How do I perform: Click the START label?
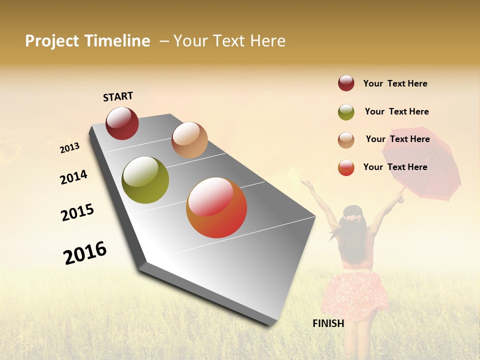tap(118, 96)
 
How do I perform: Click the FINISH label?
tap(328, 323)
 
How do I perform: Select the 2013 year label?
tap(69, 148)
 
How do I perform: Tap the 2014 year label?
tap(73, 177)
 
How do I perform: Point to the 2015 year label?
tap(77, 212)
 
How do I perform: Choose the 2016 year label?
tap(85, 252)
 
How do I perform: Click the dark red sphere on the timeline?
tap(122, 123)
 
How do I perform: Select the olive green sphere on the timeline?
tap(145, 180)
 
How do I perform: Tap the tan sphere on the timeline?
tap(189, 140)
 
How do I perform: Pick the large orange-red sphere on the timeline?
tap(216, 207)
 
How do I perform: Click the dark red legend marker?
tap(346, 83)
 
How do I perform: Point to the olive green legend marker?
tap(346, 112)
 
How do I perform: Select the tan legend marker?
tap(346, 140)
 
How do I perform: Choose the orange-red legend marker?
tap(346, 167)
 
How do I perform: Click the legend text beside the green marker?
tap(396, 111)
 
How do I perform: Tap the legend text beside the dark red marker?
tap(395, 83)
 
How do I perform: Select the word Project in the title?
tap(52, 41)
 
